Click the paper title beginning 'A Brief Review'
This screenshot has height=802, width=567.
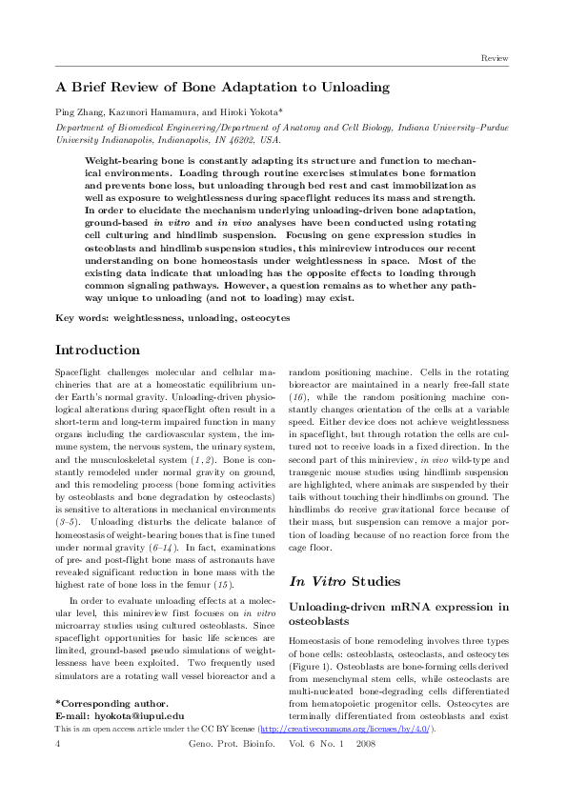point(222,87)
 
